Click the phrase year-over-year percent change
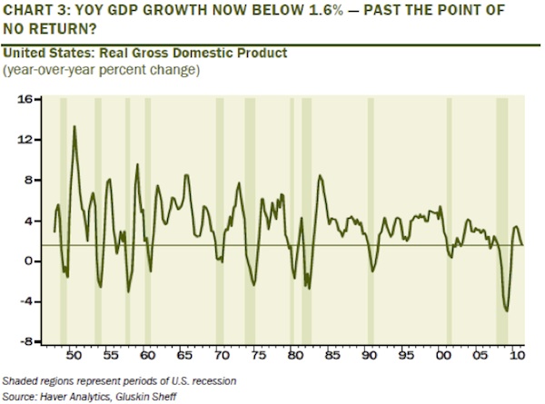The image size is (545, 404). coord(104,69)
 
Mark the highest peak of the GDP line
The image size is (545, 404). coord(74,126)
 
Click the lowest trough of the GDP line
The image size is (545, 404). coord(506,311)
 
